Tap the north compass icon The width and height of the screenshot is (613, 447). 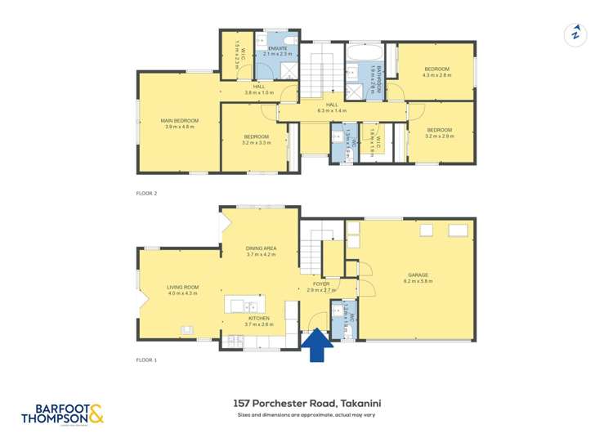577,34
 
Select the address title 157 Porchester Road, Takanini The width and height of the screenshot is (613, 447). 306,403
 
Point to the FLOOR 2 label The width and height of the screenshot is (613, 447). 146,194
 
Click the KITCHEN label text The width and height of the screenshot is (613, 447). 248,319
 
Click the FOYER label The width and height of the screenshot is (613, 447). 321,285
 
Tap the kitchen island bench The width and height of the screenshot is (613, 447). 246,305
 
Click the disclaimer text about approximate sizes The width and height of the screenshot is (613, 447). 306,416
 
